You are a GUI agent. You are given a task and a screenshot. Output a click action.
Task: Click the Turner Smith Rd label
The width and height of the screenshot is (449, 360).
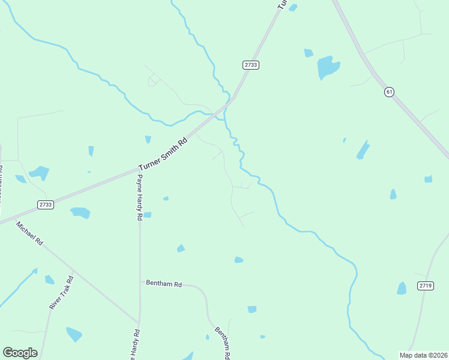163,154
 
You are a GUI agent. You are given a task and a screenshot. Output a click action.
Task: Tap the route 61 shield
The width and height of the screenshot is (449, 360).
390,92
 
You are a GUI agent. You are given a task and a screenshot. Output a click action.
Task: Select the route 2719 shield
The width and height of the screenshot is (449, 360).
425,286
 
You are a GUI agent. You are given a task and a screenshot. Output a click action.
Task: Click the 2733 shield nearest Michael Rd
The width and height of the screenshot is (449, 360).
45,205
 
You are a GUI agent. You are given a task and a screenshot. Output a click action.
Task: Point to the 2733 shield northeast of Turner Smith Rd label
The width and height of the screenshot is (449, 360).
251,65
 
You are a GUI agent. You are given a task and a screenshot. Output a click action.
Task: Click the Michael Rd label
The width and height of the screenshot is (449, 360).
30,233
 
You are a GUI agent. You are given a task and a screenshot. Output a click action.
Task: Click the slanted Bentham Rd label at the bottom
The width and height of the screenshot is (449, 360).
221,343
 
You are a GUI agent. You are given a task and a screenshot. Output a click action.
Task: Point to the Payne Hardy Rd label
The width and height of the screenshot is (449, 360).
139,197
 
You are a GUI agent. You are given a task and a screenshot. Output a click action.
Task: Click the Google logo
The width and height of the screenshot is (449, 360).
20,353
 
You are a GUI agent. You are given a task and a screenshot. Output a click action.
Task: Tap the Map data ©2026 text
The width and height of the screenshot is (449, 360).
423,355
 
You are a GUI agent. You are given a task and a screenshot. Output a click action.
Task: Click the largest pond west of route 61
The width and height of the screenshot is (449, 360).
328,67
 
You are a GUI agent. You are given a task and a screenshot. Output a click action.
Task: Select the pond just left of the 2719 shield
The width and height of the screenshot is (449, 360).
402,289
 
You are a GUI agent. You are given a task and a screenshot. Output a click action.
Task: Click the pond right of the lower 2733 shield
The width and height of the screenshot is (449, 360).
80,212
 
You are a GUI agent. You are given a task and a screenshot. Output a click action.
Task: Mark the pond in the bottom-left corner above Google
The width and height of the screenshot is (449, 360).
74,334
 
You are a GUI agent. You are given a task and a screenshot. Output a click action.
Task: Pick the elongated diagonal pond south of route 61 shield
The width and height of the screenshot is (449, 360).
363,149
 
